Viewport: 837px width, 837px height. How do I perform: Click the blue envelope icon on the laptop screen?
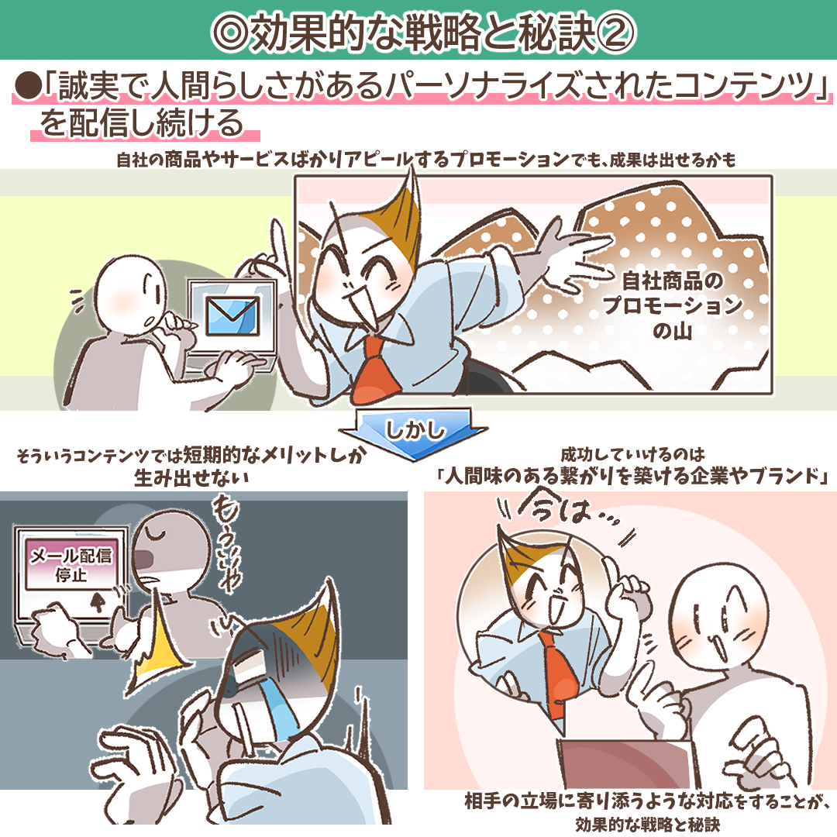(x=232, y=316)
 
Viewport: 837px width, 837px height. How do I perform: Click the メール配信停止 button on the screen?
(x=71, y=565)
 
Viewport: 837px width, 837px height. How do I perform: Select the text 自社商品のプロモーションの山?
(x=673, y=305)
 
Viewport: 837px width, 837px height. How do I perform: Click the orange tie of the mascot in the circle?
(x=557, y=673)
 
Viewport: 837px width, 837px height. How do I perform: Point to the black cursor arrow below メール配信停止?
(x=98, y=601)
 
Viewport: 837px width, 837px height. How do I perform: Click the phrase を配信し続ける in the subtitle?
(x=142, y=122)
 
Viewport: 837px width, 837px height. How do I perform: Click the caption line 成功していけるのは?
(x=632, y=455)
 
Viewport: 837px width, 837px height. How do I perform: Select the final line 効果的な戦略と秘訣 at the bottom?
(x=648, y=824)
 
